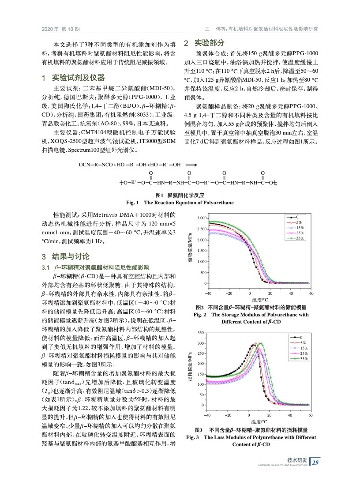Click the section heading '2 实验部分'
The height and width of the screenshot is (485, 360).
click(x=204, y=43)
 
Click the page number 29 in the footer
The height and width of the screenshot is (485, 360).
click(x=315, y=462)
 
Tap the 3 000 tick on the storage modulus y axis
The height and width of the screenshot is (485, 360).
click(x=201, y=218)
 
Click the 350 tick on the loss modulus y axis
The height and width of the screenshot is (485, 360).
click(x=201, y=333)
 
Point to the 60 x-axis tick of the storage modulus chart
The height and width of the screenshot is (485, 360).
click(x=311, y=294)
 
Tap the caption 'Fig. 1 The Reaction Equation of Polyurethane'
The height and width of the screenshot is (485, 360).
click(x=180, y=203)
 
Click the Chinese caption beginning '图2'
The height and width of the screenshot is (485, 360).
click(x=251, y=307)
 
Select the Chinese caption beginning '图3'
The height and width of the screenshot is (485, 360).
click(x=251, y=430)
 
